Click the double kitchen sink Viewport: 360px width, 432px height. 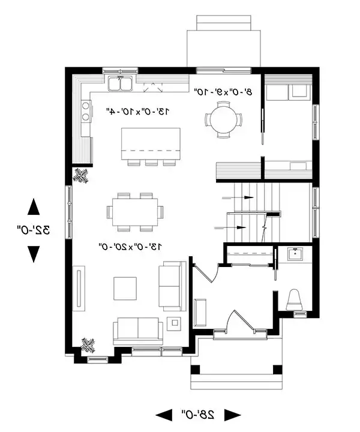(x=120, y=84)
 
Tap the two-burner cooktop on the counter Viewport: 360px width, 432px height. (x=86, y=112)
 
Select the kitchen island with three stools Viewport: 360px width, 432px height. (x=151, y=146)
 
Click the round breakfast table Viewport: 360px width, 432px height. (x=223, y=119)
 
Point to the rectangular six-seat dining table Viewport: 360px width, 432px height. (x=135, y=212)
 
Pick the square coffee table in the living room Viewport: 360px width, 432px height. (x=125, y=289)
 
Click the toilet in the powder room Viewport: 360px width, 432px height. (x=295, y=300)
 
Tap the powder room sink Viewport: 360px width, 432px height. (x=295, y=254)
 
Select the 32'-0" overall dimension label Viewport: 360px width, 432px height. (x=34, y=230)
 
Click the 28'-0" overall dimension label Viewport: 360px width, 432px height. (x=198, y=414)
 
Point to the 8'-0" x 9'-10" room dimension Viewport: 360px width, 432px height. (x=223, y=92)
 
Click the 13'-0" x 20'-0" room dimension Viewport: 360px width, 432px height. (x=130, y=247)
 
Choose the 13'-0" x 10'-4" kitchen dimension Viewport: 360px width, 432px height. (x=138, y=112)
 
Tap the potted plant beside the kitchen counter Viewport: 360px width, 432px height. (x=80, y=175)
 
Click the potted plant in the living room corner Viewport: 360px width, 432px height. (x=88, y=345)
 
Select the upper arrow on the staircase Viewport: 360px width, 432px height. (x=238, y=197)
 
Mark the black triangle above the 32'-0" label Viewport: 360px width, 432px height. (x=34, y=206)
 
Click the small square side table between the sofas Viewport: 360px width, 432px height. (x=174, y=323)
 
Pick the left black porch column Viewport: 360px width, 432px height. (x=195, y=370)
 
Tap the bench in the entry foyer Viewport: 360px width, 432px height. (x=200, y=313)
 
